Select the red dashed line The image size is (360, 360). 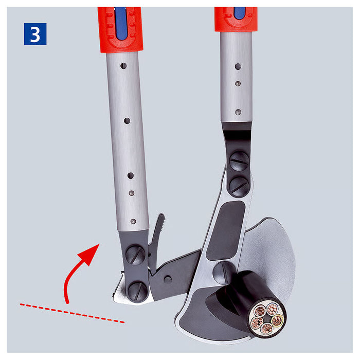pos(72,313)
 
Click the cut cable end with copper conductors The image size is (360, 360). pos(266,317)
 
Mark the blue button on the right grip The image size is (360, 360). pos(239,12)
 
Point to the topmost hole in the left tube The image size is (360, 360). pos(123,66)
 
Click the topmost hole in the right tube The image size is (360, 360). pos(238,66)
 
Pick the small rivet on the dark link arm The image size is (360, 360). pos(168,279)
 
